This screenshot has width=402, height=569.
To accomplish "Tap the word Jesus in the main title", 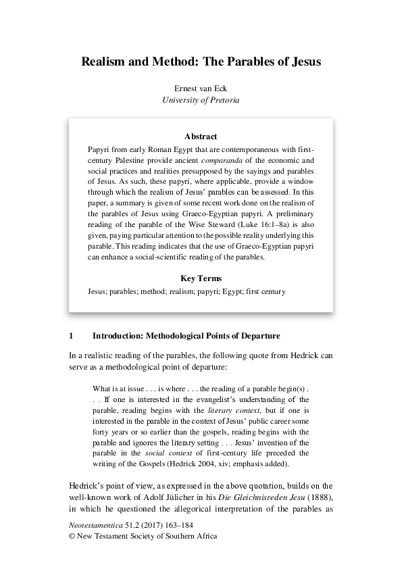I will (303, 61).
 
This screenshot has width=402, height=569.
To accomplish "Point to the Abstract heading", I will (201, 136).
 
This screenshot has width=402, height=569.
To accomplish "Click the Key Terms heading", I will (201, 278).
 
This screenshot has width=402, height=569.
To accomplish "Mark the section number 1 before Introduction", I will (71, 335).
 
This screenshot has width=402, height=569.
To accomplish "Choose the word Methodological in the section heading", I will (172, 335).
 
